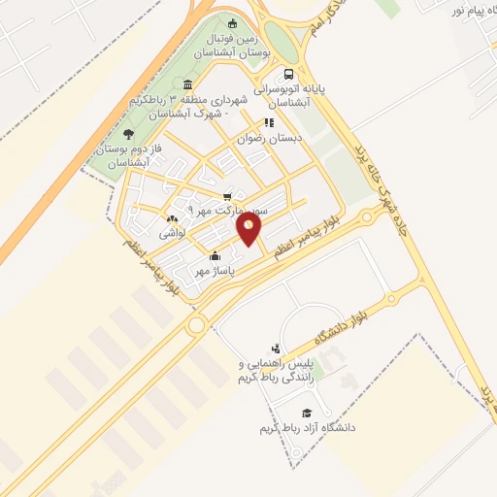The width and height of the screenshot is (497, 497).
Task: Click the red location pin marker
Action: point(249,228)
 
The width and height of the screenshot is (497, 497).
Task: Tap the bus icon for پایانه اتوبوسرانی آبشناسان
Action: point(288,75)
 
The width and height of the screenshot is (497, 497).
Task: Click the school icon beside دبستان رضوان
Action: point(269,123)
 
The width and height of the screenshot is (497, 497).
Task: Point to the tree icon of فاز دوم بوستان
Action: point(128,135)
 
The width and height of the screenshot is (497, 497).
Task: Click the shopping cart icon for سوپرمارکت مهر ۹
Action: point(227,196)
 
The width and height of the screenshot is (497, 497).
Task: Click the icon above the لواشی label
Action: point(172,219)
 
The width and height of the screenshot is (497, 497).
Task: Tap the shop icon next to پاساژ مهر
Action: point(214,256)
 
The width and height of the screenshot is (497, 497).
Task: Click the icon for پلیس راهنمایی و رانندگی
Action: point(277,348)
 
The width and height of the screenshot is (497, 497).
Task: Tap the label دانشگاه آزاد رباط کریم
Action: point(308,427)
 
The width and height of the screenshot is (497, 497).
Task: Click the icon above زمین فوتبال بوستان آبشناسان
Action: point(231,24)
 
